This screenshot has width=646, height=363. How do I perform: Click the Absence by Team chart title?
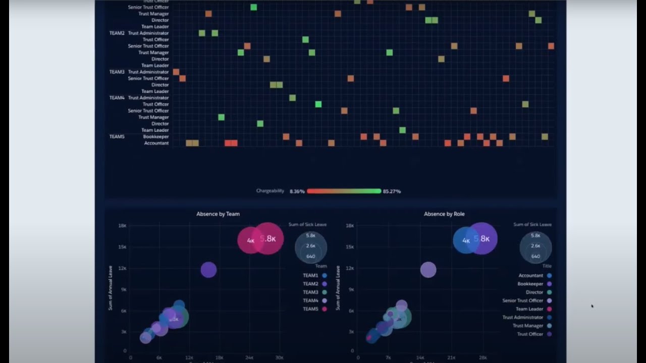pos(218,214)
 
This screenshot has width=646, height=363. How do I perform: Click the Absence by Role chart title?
pos(444,214)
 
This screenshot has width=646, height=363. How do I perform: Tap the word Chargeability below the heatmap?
pos(270,191)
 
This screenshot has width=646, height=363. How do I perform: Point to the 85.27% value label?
pos(392,192)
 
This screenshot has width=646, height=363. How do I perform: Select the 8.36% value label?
pos(297,192)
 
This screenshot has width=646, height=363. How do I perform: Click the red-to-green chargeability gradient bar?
pos(344,191)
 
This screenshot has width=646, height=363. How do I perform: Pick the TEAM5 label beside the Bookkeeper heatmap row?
pos(117,137)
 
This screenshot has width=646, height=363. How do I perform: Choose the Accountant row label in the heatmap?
pos(156,143)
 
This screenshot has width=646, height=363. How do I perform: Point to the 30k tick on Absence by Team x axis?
pos(279,357)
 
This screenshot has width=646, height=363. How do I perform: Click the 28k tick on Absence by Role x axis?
pos(482,357)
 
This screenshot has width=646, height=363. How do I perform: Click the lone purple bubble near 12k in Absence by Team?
pos(208,270)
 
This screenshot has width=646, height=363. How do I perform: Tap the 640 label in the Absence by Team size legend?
pos(310,257)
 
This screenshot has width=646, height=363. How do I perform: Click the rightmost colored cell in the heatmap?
pos(551,46)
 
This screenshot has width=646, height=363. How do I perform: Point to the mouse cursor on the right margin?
pos(592,306)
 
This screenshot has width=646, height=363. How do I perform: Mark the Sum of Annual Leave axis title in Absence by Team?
pos(110,287)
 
